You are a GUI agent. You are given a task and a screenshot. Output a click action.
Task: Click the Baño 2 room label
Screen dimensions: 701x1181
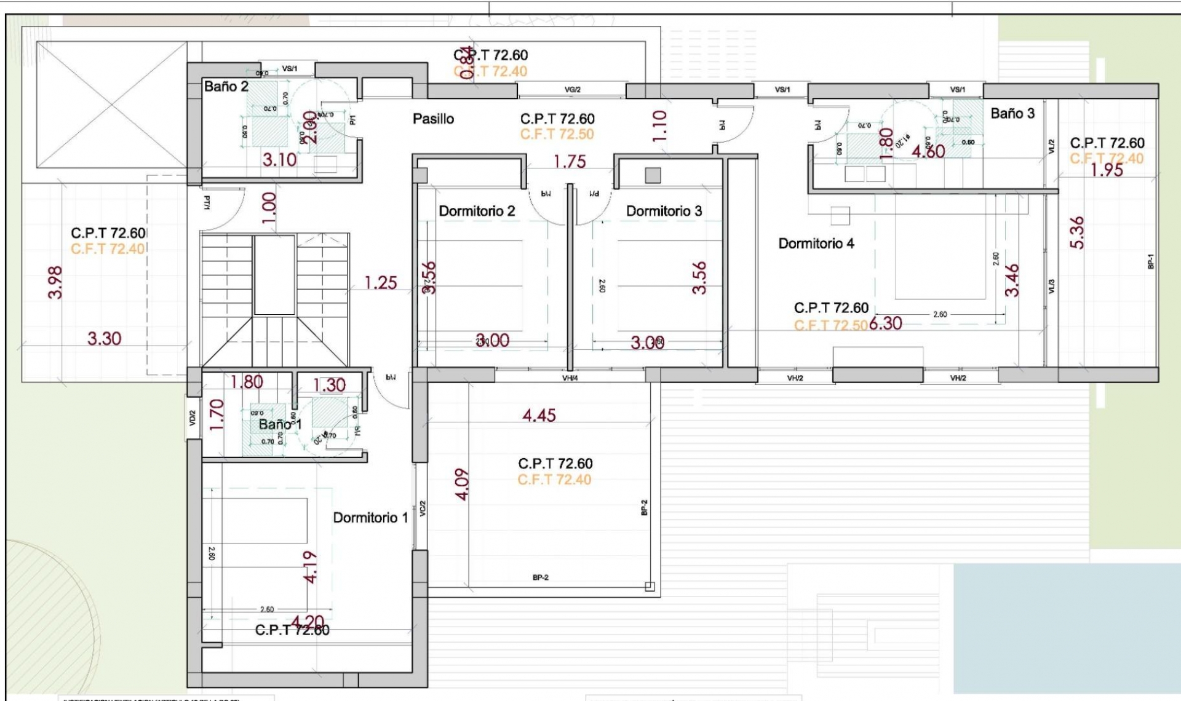click(226, 87)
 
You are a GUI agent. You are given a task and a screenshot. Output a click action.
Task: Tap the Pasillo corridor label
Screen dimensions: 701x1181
click(433, 119)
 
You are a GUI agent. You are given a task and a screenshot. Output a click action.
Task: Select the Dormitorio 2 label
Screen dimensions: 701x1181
click(477, 211)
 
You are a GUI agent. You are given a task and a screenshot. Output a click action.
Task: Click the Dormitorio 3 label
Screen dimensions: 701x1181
click(664, 211)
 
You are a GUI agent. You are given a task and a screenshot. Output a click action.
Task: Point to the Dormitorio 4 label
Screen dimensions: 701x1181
click(816, 244)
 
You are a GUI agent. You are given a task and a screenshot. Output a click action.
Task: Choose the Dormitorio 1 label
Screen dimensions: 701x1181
click(370, 518)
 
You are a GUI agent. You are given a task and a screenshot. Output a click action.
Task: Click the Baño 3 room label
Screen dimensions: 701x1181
click(1012, 113)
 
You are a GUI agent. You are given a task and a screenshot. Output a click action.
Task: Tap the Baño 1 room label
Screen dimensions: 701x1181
click(280, 424)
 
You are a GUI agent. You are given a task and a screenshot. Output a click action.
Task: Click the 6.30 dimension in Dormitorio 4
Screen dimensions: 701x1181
click(885, 323)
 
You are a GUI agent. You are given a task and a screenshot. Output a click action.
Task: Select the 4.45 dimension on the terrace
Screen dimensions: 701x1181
click(539, 416)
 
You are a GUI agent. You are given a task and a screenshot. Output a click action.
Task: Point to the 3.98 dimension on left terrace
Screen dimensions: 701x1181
click(55, 282)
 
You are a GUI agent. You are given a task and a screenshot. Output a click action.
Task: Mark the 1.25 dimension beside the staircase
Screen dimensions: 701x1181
click(380, 283)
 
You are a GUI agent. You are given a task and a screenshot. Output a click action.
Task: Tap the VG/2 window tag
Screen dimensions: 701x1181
click(572, 90)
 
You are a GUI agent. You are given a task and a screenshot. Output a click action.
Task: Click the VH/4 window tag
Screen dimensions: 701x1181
click(570, 378)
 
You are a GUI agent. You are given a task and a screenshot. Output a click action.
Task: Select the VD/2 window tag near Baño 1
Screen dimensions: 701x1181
click(193, 419)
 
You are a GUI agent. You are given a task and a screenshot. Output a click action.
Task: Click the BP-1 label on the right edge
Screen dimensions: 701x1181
click(1150, 261)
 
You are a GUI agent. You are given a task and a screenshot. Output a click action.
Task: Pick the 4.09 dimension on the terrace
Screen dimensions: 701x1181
click(463, 485)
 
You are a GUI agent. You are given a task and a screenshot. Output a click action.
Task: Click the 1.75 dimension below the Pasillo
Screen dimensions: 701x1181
click(569, 162)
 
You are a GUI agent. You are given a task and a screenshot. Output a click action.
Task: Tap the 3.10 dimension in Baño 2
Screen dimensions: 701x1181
click(279, 160)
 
